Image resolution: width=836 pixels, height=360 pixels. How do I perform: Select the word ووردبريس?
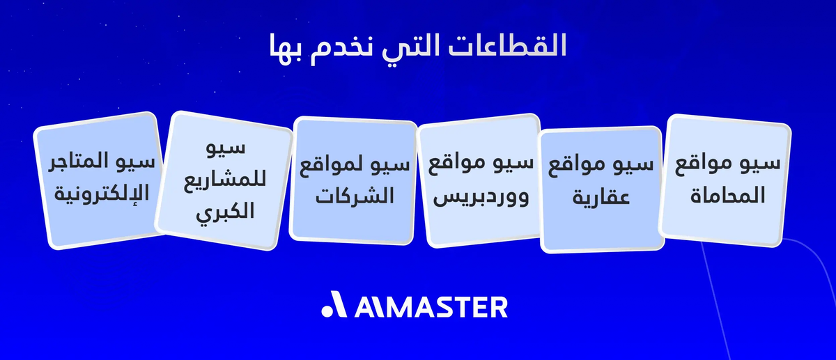coord(481,197)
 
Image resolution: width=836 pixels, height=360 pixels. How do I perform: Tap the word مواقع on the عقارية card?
coord(580,167)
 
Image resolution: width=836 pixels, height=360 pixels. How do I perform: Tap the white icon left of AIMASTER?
coord(332,306)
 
